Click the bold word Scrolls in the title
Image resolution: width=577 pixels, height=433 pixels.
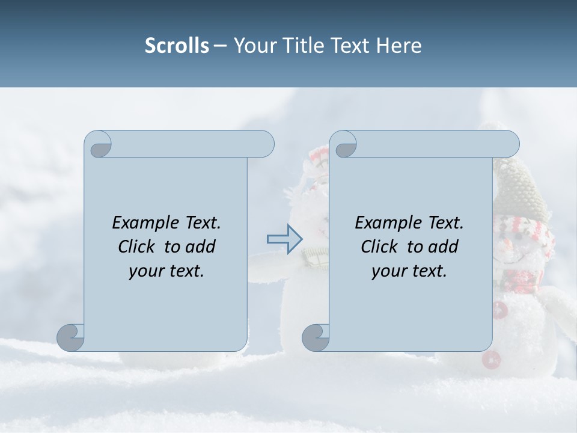177,46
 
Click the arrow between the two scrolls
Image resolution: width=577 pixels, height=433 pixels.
284,239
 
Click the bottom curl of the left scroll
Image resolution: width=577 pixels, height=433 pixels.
71,337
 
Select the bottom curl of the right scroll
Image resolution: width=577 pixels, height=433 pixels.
316,337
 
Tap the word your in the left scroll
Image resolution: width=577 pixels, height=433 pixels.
145,271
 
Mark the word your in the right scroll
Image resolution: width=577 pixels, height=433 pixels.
388,271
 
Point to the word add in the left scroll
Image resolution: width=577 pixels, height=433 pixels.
200,247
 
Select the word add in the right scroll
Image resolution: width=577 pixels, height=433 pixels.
443,247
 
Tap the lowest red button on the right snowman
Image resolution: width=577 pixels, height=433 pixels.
491,360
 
